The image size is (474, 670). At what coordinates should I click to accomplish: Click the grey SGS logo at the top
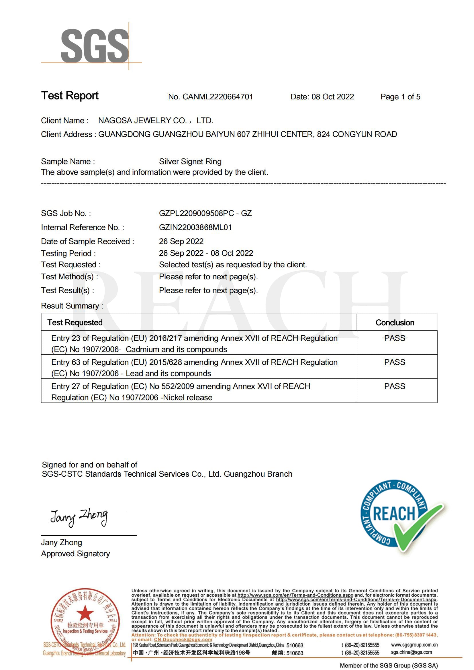click(95, 46)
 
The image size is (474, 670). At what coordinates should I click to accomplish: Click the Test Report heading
click(70, 96)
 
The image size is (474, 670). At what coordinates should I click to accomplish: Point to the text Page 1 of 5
click(400, 97)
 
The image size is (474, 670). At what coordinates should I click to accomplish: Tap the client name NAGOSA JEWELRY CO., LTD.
click(156, 121)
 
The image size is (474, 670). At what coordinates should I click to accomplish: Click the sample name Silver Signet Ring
click(190, 161)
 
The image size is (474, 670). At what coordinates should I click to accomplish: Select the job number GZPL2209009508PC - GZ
click(205, 213)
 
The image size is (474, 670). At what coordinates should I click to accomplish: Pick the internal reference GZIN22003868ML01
click(195, 227)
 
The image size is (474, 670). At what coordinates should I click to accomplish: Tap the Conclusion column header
click(395, 323)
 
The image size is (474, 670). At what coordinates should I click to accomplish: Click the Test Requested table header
click(75, 323)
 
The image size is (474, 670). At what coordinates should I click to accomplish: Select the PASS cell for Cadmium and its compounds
click(395, 338)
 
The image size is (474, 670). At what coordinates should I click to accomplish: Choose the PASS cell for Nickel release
click(395, 386)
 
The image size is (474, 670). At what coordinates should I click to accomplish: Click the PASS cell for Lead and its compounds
click(395, 362)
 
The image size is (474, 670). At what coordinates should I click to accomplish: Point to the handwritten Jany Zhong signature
click(79, 517)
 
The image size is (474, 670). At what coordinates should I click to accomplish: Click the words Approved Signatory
click(75, 554)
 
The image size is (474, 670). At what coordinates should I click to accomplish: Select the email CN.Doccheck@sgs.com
click(183, 639)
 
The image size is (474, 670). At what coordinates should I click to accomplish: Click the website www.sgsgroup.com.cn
click(414, 645)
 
